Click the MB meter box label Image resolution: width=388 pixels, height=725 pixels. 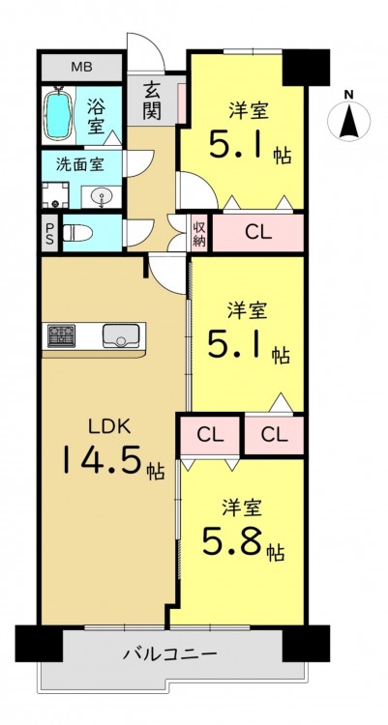click(x=81, y=67)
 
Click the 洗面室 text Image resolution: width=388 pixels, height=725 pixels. click(x=79, y=164)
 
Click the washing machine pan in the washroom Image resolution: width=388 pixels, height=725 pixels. click(x=55, y=195)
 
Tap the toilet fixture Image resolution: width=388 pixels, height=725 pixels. click(x=77, y=233)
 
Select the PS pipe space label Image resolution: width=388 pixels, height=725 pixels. click(x=49, y=234)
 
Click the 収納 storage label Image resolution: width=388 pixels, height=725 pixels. click(x=199, y=234)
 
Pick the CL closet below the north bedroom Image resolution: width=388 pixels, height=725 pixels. click(x=258, y=234)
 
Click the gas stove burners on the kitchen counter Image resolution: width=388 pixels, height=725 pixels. click(x=61, y=335)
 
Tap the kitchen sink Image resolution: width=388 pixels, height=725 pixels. click(x=121, y=335)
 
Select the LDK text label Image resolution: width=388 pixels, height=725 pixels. click(x=110, y=426)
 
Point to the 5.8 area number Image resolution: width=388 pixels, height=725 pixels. click(x=232, y=541)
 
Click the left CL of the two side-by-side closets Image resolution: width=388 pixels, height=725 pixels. click(x=211, y=435)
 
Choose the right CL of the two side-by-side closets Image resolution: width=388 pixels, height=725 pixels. click(x=274, y=435)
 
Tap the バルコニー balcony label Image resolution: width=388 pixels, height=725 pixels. click(x=170, y=654)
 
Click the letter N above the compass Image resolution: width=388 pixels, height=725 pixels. click(x=349, y=95)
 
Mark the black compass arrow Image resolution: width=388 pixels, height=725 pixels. click(x=348, y=122)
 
